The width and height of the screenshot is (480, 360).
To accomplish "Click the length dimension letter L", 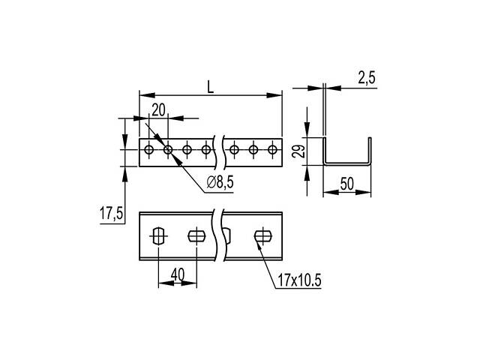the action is [210, 87].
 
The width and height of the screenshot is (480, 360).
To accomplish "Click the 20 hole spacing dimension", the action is [158, 110].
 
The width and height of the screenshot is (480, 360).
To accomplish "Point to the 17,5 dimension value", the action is [111, 213].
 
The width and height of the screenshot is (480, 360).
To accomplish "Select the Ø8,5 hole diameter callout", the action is [220, 182].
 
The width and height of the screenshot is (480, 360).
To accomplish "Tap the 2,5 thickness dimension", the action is [367, 78].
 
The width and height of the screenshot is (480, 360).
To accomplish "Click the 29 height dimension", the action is [299, 151].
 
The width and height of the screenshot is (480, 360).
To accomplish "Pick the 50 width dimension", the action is [346, 184].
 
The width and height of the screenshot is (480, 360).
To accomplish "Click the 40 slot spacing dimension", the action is [178, 274].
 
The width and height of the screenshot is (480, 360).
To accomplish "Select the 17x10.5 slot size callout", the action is [299, 280].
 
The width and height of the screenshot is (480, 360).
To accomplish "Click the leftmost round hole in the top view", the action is [149, 150].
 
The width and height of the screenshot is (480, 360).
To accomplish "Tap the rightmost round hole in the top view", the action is [272, 150].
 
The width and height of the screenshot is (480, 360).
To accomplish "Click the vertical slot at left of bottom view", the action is [158, 236].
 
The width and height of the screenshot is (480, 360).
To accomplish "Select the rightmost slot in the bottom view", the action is [263, 236].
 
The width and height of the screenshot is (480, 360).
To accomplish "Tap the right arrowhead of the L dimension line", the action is [274, 95].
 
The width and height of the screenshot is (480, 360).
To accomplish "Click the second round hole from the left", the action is [168, 150].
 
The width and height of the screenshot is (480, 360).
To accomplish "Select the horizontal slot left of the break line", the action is [196, 236].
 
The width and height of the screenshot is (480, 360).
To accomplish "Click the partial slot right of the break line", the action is [227, 236].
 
